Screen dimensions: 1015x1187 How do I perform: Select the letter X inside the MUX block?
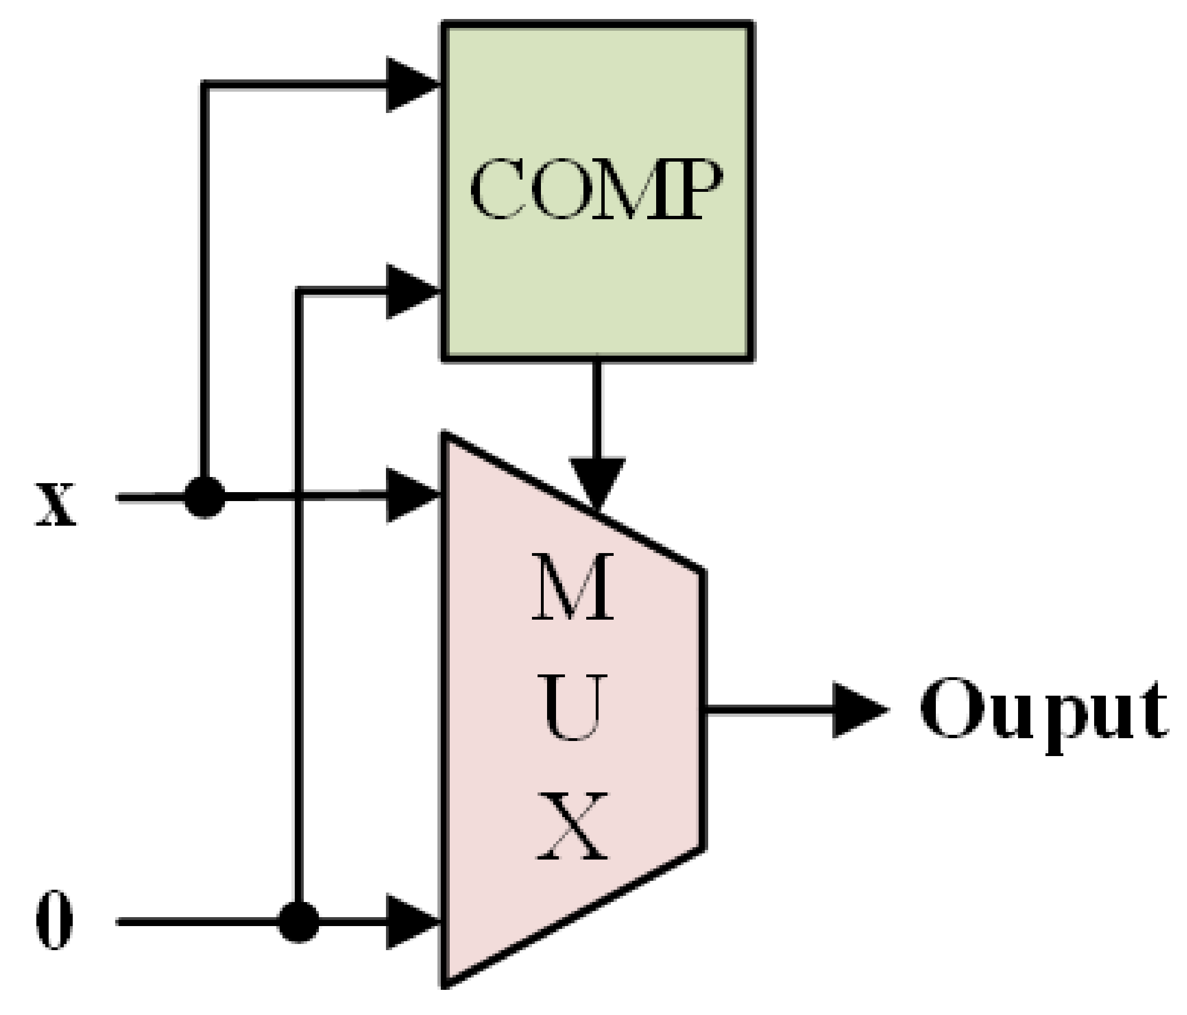pos(572,827)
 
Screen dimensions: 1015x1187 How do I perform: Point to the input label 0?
pos(54,920)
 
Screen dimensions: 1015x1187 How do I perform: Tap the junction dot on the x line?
pos(205,498)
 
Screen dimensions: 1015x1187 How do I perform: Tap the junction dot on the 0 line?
pos(299,922)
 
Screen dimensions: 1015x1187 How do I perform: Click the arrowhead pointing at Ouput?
pos(856,710)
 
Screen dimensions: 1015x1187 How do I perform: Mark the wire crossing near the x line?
pos(299,497)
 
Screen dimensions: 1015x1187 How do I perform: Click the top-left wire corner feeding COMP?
pos(205,86)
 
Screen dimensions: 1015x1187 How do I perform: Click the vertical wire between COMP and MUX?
pos(597,407)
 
